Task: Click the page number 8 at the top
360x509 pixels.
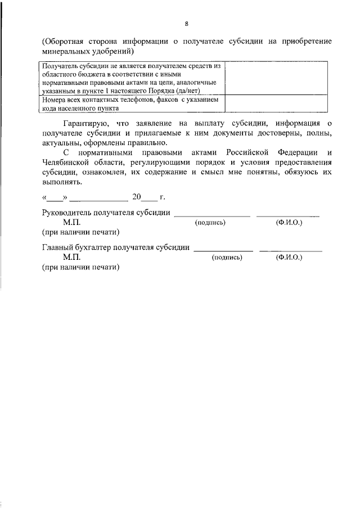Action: [186, 24]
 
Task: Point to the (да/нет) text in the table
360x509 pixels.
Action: [204, 90]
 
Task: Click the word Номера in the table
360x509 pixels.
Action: [55, 99]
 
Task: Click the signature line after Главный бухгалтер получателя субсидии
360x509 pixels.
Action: [223, 248]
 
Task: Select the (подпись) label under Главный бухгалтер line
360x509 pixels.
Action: [227, 257]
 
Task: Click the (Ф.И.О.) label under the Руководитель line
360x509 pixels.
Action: [289, 223]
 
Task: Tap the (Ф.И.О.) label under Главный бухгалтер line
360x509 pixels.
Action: [289, 257]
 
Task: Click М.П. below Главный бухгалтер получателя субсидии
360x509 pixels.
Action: [72, 257]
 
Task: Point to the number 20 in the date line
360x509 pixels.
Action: [137, 197]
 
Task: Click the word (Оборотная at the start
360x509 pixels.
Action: [64, 42]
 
